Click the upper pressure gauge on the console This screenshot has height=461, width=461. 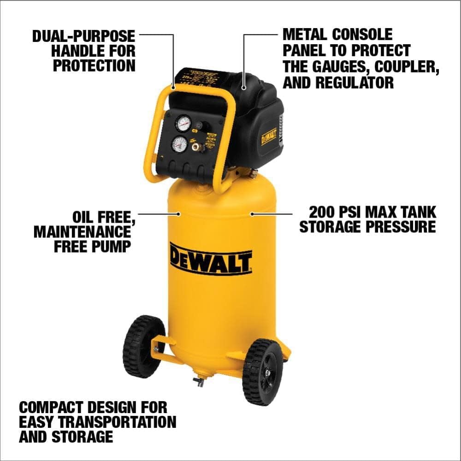[x=183, y=124]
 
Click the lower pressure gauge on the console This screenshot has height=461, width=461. [x=179, y=144]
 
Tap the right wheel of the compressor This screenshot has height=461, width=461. [x=263, y=372]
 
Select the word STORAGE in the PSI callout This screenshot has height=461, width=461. [x=336, y=227]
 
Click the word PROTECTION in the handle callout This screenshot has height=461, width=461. [x=94, y=65]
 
